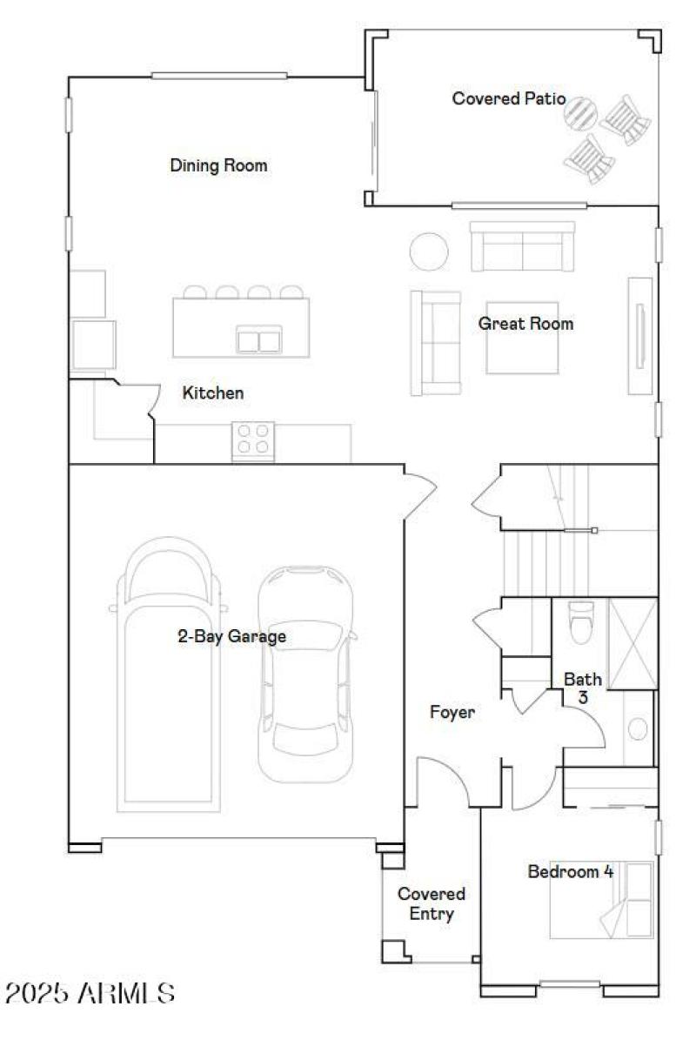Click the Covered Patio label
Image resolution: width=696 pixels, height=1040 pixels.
508,98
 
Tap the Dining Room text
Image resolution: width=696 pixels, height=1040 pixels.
218,165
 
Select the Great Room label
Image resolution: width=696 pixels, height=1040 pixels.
525,324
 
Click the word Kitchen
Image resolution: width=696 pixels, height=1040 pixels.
213,393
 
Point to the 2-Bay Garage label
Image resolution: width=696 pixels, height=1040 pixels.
232,637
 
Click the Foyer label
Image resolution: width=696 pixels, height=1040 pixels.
452,713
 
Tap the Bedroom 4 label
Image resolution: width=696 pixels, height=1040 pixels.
570,871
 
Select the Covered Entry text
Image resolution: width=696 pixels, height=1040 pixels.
432,903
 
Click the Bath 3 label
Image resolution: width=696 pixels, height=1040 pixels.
582,687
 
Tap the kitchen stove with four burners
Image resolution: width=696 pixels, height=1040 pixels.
253,439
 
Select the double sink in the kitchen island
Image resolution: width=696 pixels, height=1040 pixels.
259,339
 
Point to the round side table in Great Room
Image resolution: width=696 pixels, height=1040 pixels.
428,251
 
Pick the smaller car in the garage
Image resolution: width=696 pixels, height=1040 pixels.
306,674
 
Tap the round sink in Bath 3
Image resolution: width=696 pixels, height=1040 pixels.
639,728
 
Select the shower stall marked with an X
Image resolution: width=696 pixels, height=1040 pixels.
632,643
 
